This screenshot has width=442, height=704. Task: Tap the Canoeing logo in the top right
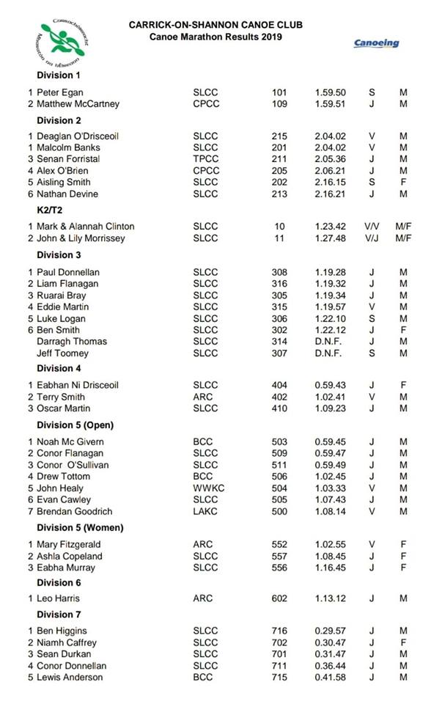[377, 43]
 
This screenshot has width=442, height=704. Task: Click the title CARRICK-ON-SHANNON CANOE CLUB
[216, 25]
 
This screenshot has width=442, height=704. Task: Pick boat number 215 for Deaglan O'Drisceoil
[279, 136]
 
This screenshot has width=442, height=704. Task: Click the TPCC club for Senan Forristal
[205, 159]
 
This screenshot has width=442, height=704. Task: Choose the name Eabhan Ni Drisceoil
[78, 385]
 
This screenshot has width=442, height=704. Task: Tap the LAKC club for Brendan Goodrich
[205, 511]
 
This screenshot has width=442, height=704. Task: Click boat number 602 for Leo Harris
[279, 598]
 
